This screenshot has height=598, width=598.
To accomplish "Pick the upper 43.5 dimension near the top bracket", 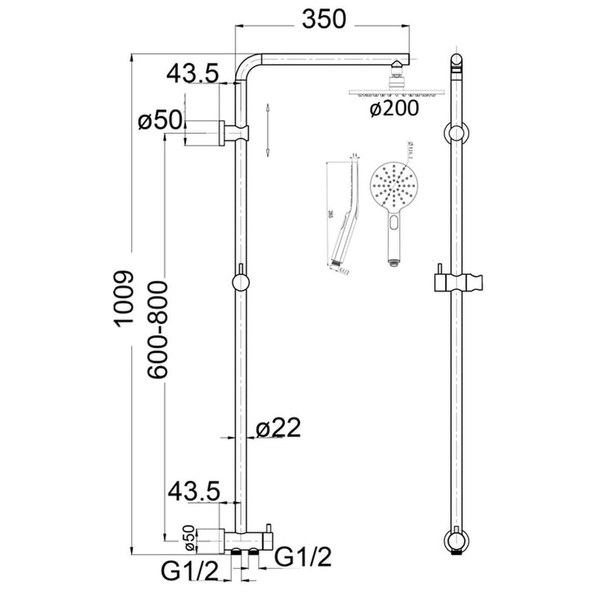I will [192, 74].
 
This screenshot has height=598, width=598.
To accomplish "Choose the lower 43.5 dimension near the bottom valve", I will [192, 492].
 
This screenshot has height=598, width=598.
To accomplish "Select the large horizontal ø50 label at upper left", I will [159, 120].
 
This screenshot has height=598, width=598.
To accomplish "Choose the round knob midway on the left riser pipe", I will [240, 282].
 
